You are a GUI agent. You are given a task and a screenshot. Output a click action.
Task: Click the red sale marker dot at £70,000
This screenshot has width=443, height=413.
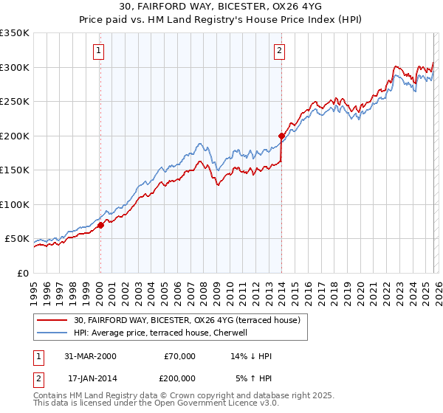click(x=100, y=226)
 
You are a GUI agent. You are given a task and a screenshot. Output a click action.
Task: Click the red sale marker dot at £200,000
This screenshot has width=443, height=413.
click(x=281, y=136)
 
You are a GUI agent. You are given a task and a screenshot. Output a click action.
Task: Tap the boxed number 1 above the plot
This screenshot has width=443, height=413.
click(x=99, y=51)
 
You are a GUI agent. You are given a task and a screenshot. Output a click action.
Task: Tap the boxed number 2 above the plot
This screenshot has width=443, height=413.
click(x=280, y=51)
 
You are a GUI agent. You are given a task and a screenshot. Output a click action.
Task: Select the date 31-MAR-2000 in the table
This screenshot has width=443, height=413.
click(x=90, y=356)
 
